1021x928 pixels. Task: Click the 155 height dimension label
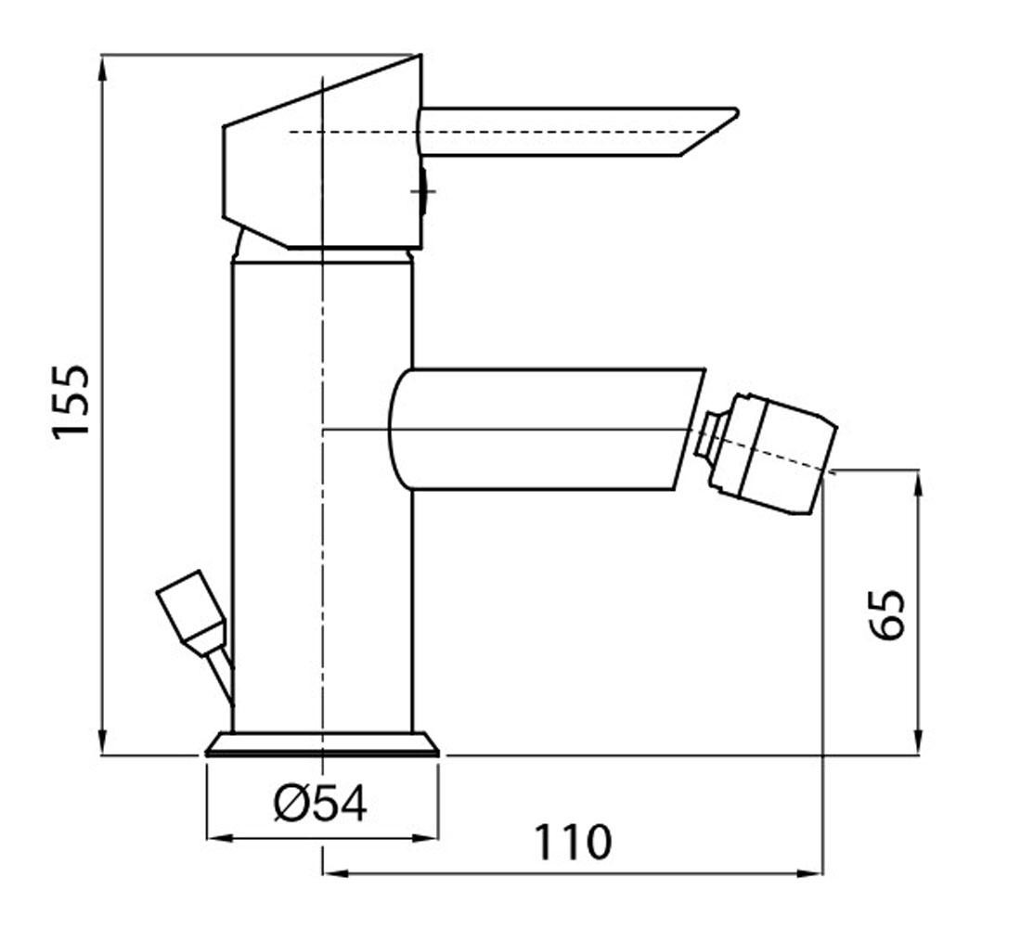pyautogui.click(x=71, y=401)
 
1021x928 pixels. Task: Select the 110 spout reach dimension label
pyautogui.click(x=573, y=842)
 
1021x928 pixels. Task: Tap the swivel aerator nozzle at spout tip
pyautogui.click(x=771, y=453)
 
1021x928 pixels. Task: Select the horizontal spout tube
pyautogui.click(x=546, y=429)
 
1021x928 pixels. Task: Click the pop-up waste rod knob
pyautogui.click(x=191, y=609)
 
